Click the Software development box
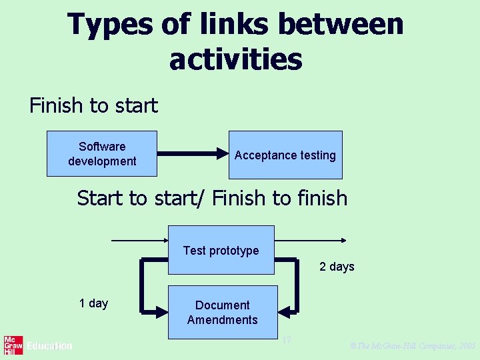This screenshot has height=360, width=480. (x=101, y=153)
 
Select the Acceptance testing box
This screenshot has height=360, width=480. (x=285, y=155)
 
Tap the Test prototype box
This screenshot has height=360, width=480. (x=221, y=250)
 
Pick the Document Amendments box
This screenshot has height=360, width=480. (x=222, y=312)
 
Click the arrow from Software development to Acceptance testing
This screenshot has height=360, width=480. (x=193, y=154)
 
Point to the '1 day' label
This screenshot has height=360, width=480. (x=93, y=303)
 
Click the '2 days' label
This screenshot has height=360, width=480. (x=337, y=267)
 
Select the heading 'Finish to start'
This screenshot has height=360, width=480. (x=93, y=105)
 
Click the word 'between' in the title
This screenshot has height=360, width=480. (x=341, y=25)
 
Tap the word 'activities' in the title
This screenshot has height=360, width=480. (x=235, y=59)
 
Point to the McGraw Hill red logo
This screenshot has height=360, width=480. (x=13, y=345)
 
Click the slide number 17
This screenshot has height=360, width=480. (x=286, y=341)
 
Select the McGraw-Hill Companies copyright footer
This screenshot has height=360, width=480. (x=412, y=346)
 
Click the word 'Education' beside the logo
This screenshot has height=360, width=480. (x=49, y=346)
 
